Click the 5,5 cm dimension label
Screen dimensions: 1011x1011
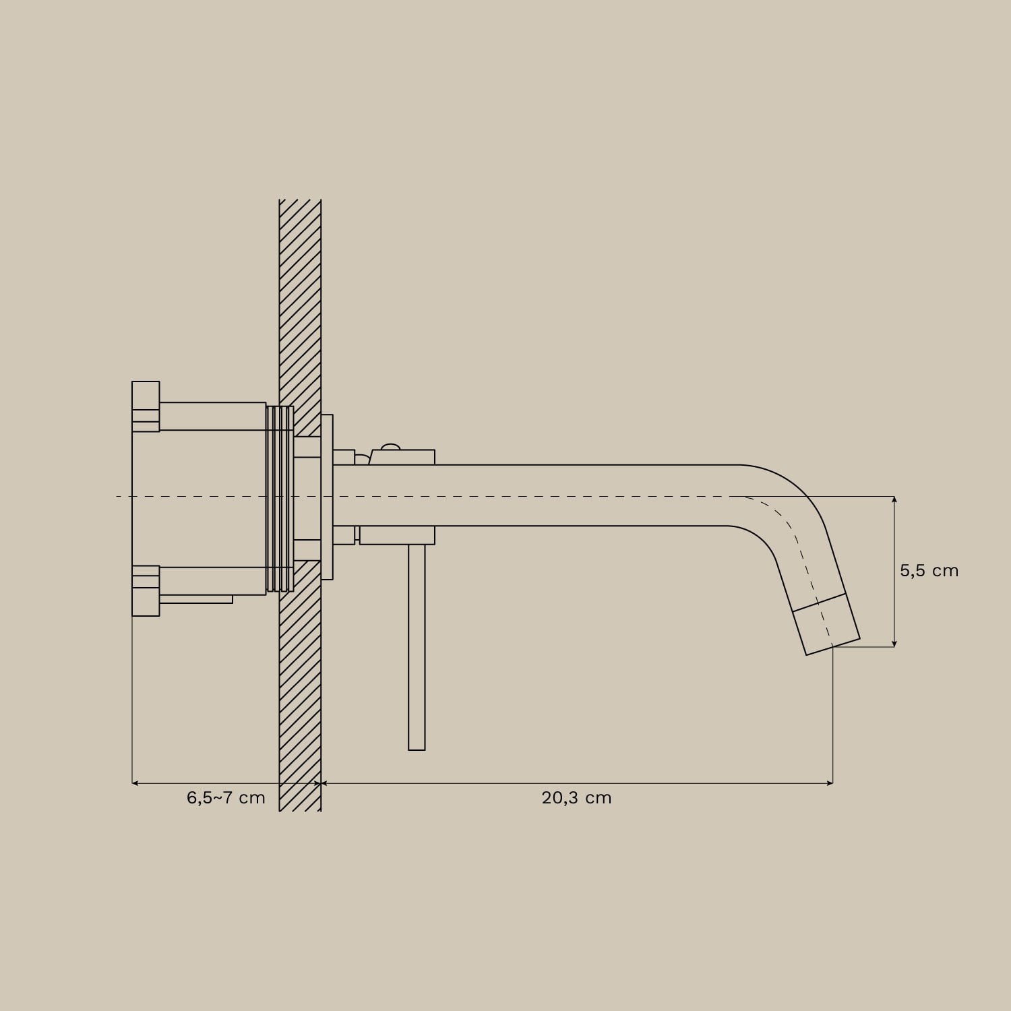pos(928,571)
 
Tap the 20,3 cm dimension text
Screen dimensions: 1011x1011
pos(576,798)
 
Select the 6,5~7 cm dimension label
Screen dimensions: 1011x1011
pos(226,798)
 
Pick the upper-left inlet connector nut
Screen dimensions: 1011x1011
pos(146,406)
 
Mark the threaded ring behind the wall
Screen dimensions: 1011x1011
pos(280,499)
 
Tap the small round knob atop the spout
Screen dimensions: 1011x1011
pos(390,446)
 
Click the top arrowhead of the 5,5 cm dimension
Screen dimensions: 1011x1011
pos(894,499)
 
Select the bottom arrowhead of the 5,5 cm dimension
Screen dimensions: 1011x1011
pos(894,643)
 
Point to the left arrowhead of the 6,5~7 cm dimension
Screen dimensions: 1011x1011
pos(135,783)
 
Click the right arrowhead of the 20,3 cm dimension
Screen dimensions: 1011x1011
pos(830,783)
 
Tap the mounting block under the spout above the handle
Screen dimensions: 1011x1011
pos(397,535)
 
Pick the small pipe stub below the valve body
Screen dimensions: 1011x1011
pos(195,599)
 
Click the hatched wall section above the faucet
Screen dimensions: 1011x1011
pos(300,303)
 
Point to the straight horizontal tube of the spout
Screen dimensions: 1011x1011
pos(539,495)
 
